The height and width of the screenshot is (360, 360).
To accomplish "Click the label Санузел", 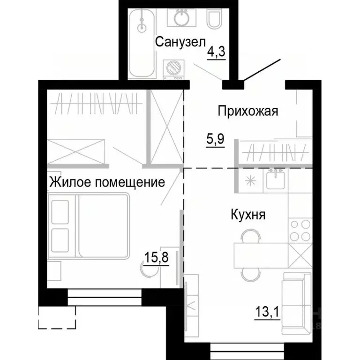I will (180, 42).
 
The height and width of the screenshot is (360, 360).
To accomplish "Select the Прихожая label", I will (248, 111).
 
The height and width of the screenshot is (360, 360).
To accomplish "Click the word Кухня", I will (248, 215).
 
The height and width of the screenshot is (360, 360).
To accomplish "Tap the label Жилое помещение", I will (107, 182).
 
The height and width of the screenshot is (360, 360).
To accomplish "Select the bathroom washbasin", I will (180, 18).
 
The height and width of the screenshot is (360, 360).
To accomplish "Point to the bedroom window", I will (105, 295).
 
